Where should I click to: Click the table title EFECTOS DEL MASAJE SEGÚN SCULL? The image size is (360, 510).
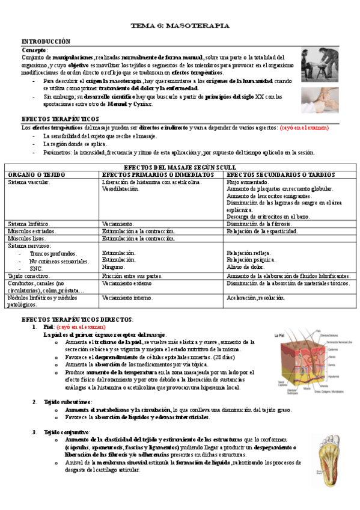click(x=180, y=167)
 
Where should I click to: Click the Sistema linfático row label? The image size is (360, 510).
click(x=29, y=224)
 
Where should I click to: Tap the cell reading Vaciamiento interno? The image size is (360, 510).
click(x=127, y=298)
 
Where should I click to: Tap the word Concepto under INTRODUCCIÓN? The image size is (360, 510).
click(x=34, y=49)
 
